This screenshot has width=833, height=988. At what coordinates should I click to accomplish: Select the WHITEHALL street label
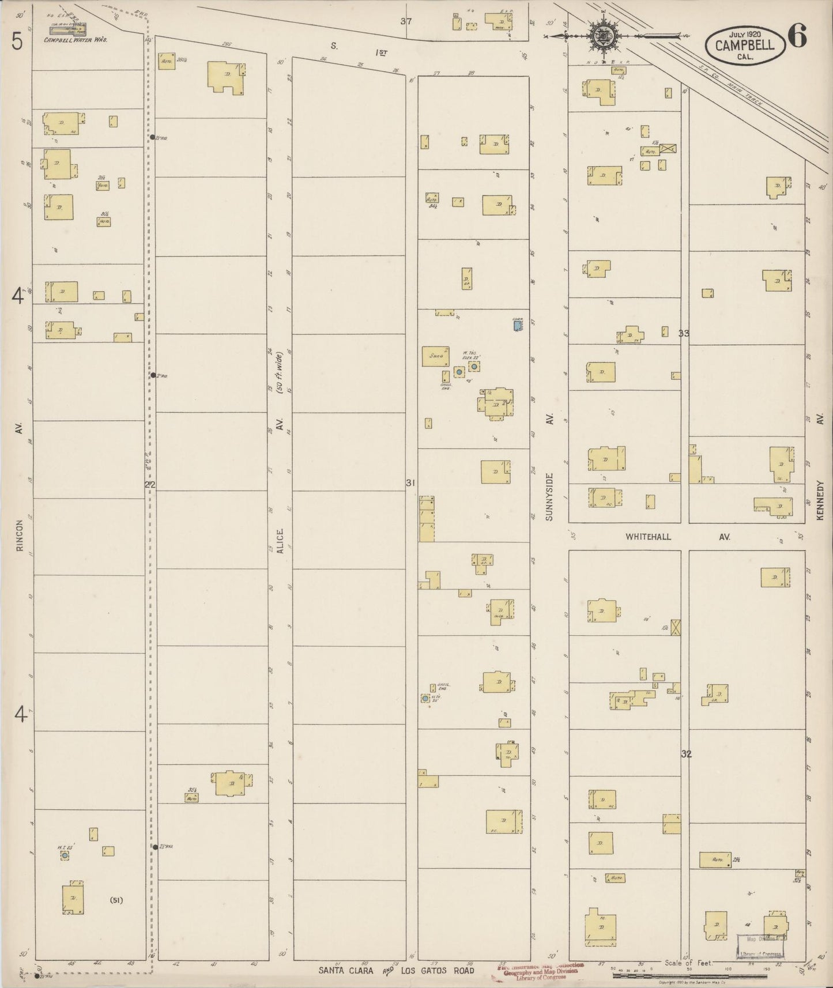click(x=649, y=537)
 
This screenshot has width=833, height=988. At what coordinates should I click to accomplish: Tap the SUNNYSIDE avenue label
click(x=549, y=497)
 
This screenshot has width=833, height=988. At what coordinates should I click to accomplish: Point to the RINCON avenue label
click(x=19, y=536)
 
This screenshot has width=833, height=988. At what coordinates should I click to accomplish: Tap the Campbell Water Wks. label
click(x=76, y=40)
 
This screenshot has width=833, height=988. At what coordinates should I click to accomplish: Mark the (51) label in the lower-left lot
click(x=116, y=900)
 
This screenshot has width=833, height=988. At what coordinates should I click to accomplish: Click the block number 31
click(x=410, y=483)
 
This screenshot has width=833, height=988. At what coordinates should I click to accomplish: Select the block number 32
click(x=685, y=754)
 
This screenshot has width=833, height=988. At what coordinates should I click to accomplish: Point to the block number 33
click(x=684, y=333)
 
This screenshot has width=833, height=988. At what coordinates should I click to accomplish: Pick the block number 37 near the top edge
click(x=406, y=21)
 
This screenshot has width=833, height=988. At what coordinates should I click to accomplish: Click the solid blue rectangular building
click(x=518, y=326)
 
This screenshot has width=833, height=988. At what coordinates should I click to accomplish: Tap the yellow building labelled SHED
click(x=436, y=356)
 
